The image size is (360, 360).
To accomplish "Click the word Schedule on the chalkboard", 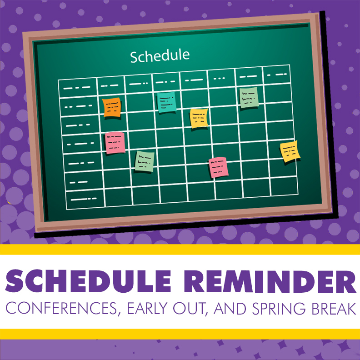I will pos(160,56).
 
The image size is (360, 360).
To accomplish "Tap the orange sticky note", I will pos(112,107).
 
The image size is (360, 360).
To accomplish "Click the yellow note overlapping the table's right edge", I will pos(290,151).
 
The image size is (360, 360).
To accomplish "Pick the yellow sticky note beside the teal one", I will pos(199,118).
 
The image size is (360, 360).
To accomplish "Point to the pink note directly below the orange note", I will pos(115,143).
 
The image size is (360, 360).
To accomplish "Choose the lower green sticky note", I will pos(145,161).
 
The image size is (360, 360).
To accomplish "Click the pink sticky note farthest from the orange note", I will pos(218,167).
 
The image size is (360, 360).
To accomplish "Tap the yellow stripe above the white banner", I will pos(180,250).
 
